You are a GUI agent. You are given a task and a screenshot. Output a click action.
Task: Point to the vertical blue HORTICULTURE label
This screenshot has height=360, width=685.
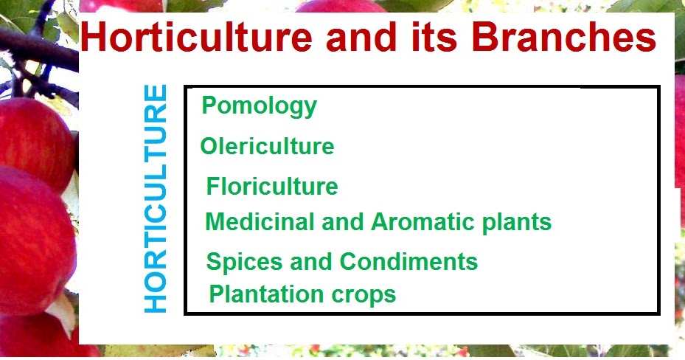156,199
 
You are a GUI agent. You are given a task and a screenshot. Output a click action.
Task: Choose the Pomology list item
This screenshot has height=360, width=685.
259,106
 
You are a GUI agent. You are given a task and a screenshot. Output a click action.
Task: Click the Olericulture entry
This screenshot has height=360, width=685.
267,146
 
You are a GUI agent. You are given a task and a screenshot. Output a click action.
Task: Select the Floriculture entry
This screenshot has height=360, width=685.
272,186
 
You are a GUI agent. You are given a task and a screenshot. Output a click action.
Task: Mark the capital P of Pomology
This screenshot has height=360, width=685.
209,105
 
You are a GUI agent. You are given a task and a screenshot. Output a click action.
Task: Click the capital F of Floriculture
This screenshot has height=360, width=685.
213,186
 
